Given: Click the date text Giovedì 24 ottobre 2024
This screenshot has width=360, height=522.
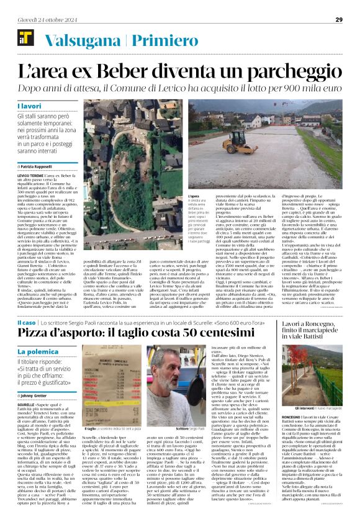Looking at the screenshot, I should [47, 19].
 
